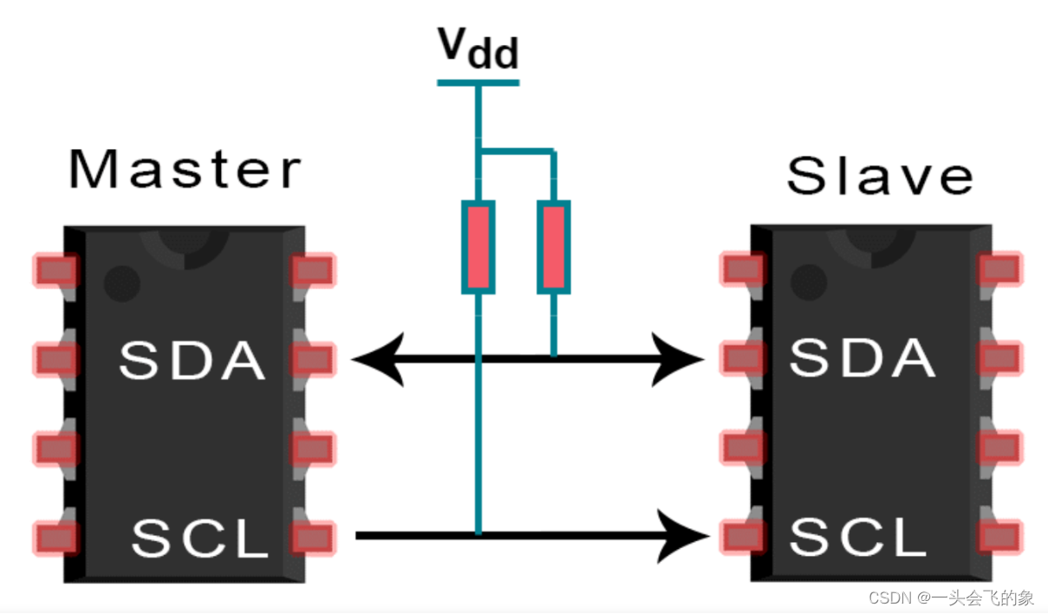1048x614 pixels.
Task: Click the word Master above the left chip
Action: [x=185, y=169]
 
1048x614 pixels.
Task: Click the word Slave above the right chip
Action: [x=879, y=176]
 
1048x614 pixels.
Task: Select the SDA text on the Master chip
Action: [x=192, y=360]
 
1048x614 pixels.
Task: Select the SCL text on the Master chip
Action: [x=200, y=538]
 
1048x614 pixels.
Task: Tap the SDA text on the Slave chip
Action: [x=862, y=358]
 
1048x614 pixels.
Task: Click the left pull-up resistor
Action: [x=478, y=247]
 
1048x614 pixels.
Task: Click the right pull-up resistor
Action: [x=554, y=247]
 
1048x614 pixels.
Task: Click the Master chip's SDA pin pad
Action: [x=312, y=359]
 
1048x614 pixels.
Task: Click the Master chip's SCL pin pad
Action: [x=312, y=537]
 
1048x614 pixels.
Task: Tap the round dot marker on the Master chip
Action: [x=121, y=282]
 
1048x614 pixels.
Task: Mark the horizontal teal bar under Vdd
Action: [x=478, y=83]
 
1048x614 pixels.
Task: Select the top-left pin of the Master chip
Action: [x=55, y=271]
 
